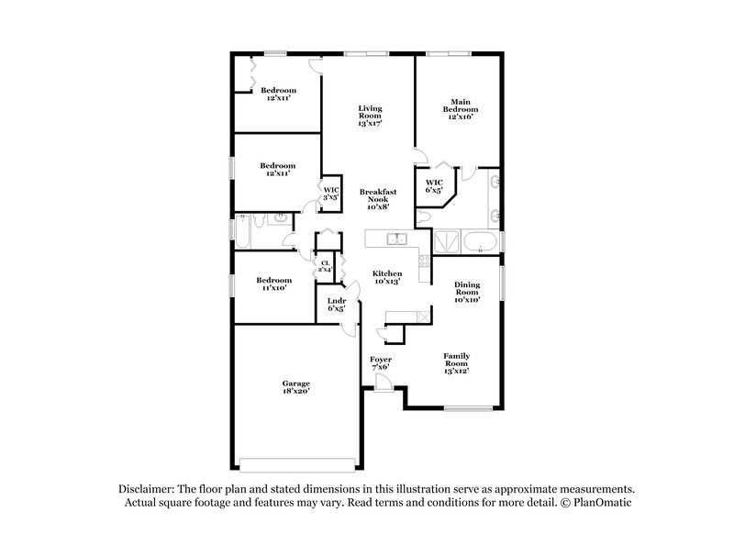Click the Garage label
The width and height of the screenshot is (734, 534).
click(295, 386)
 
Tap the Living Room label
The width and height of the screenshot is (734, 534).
click(369, 115)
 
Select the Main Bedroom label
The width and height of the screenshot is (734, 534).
click(460, 109)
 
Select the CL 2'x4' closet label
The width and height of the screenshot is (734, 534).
click(325, 267)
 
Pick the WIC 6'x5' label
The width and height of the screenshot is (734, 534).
click(434, 186)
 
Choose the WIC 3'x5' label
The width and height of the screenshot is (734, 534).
click(330, 194)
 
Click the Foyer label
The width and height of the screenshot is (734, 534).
click(381, 362)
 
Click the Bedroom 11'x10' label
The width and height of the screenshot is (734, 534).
click(273, 284)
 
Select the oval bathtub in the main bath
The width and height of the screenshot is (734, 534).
click(480, 241)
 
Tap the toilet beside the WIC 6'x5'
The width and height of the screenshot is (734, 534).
click(423, 217)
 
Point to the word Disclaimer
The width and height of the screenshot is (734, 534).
click(150, 490)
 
